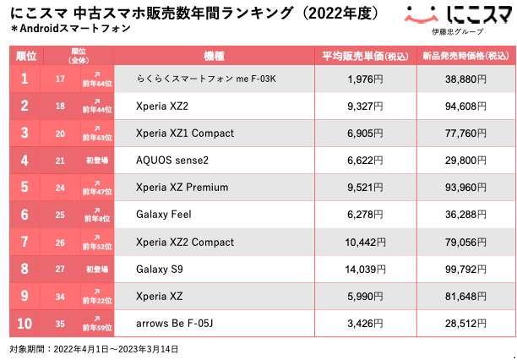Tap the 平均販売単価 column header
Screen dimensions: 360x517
coord(365,56)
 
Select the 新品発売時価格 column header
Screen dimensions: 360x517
coord(465,56)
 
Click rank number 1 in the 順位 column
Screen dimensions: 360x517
coord(25,79)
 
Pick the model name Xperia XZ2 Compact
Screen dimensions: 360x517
coord(185,242)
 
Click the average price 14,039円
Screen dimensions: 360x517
coord(365,269)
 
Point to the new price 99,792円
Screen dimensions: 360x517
coord(465,269)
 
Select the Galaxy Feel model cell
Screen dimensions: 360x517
coord(164,215)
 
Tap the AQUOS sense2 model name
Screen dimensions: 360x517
coord(172,161)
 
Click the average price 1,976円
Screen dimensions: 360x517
coord(365,79)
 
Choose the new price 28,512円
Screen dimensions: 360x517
coord(465,323)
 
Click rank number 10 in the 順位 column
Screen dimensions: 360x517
coord(25,323)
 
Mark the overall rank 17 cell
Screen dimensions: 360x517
coord(60,79)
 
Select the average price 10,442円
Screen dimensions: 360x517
coord(365,242)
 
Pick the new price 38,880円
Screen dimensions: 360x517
coord(465,79)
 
